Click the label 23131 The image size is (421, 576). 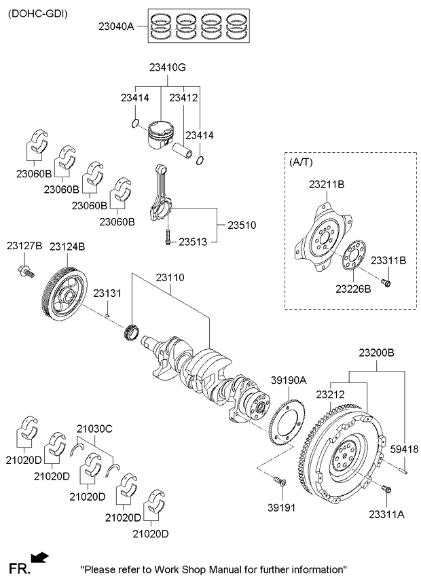click(x=107, y=293)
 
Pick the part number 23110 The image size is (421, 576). click(x=170, y=278)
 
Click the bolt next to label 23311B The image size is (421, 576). click(x=386, y=282)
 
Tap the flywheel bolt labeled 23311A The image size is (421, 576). click(x=386, y=490)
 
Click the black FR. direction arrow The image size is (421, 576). click(x=40, y=558)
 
